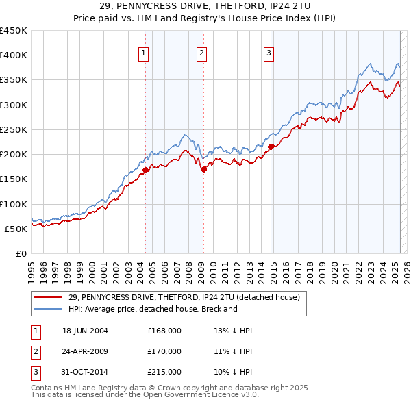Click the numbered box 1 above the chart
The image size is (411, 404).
pos(144,54)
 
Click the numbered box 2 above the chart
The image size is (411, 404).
pos(201,54)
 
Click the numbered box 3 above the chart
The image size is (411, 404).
pos(269,54)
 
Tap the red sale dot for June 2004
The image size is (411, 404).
pos(146,171)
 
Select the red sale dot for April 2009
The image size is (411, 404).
pos(203,169)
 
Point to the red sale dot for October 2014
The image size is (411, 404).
pos(271,147)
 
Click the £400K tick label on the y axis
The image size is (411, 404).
pos(14,55)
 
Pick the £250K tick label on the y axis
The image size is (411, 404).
pos(14,129)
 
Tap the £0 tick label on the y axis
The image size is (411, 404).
pos(21,253)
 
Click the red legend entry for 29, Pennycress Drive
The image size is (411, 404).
pos(184,298)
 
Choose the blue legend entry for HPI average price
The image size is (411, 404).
pos(152,310)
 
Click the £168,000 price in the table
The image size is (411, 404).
pos(164,331)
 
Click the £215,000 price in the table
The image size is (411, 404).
pos(164,372)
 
